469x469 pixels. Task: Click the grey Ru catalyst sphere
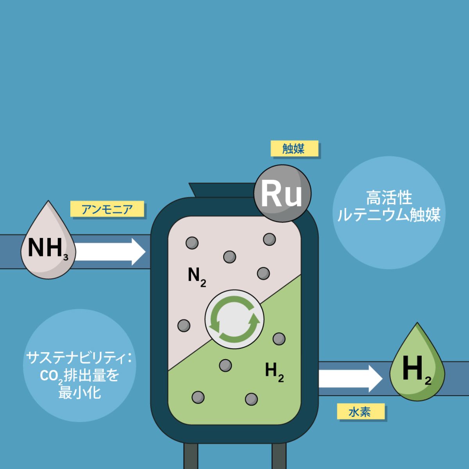(282, 193)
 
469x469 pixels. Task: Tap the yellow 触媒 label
(295, 148)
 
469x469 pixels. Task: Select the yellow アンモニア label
(107, 209)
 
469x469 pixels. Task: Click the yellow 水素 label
(361, 411)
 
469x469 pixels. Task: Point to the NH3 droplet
(48, 240)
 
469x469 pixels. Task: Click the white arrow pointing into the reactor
(109, 252)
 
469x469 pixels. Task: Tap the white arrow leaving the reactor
(351, 378)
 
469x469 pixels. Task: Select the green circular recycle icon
(234, 319)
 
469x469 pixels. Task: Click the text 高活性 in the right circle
(389, 198)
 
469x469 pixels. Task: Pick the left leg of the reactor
(191, 456)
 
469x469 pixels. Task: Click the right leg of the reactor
(279, 456)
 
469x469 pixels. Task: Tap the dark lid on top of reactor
(223, 190)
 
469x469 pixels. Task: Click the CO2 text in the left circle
(51, 376)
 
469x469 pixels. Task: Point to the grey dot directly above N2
(229, 257)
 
